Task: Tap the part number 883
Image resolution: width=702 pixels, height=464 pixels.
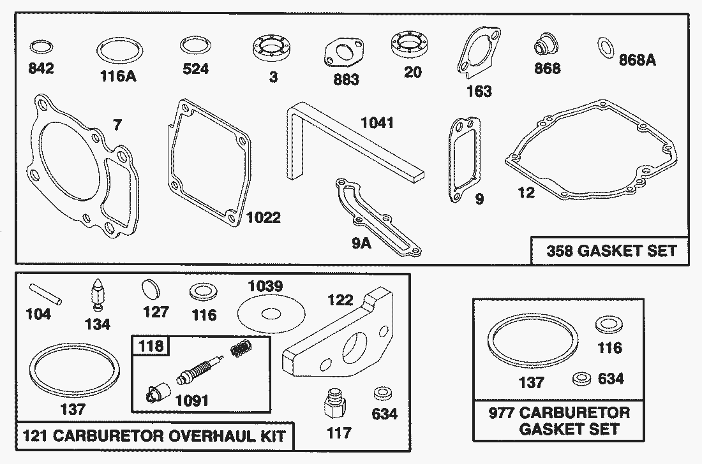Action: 347,80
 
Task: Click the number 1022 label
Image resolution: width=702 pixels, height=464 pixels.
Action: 263,218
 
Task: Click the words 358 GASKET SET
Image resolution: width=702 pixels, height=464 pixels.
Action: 611,250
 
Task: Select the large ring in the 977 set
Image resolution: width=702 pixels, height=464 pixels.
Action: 533,345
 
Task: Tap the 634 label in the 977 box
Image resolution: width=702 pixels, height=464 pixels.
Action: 610,379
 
